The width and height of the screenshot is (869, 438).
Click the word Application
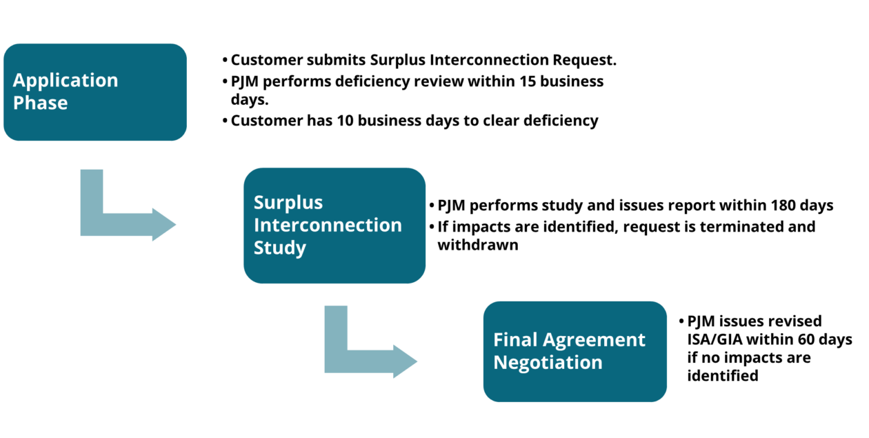click(66, 81)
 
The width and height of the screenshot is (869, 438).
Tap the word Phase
click(40, 103)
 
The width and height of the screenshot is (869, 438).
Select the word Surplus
click(288, 203)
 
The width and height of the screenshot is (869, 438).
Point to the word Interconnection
click(328, 226)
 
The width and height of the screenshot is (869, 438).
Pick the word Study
click(279, 248)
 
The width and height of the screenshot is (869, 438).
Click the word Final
click(515, 340)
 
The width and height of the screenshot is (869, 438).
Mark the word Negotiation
click(548, 363)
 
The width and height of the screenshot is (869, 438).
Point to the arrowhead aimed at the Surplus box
click(164, 224)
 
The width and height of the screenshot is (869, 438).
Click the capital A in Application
click(19, 81)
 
